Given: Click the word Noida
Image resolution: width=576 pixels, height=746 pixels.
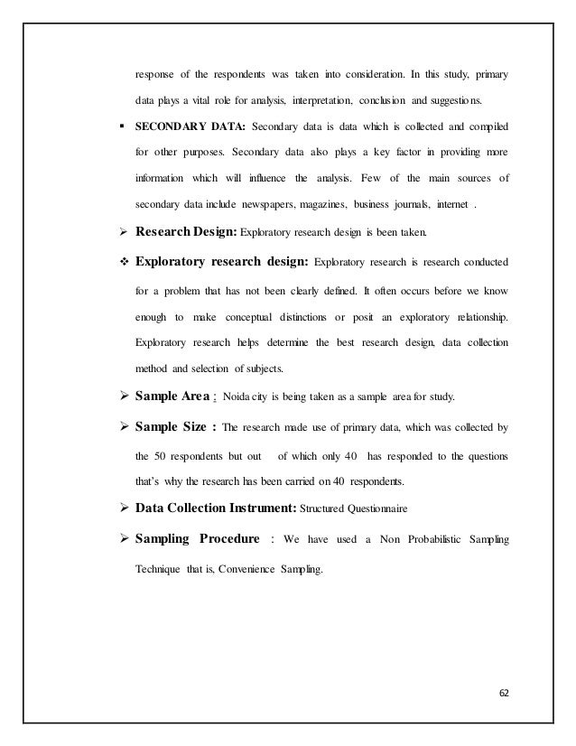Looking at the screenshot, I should point(262,396).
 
